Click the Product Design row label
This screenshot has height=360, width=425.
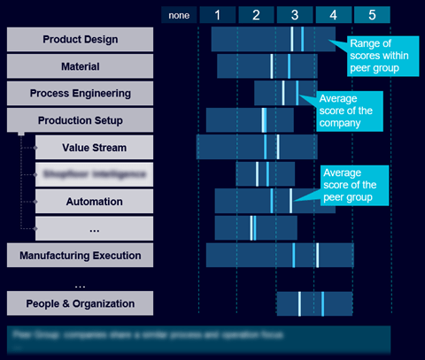click(80, 39)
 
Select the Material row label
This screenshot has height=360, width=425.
click(80, 66)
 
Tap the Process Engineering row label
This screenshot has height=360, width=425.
click(80, 93)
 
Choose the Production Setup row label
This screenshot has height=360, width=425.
click(80, 120)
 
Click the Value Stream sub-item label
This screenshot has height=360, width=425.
click(94, 148)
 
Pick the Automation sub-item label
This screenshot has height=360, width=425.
click(94, 202)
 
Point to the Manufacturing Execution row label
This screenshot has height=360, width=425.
click(80, 256)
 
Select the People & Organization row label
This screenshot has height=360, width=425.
click(80, 303)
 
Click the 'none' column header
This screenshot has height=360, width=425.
click(179, 14)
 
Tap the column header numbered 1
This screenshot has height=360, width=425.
click(217, 14)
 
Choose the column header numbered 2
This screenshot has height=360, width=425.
click(256, 14)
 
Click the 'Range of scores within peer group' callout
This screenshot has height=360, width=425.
click(381, 55)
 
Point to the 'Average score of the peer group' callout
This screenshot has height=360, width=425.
click(353, 185)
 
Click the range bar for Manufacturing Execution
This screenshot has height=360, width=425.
click(280, 255)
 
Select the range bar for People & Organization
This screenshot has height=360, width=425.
click(314, 303)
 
